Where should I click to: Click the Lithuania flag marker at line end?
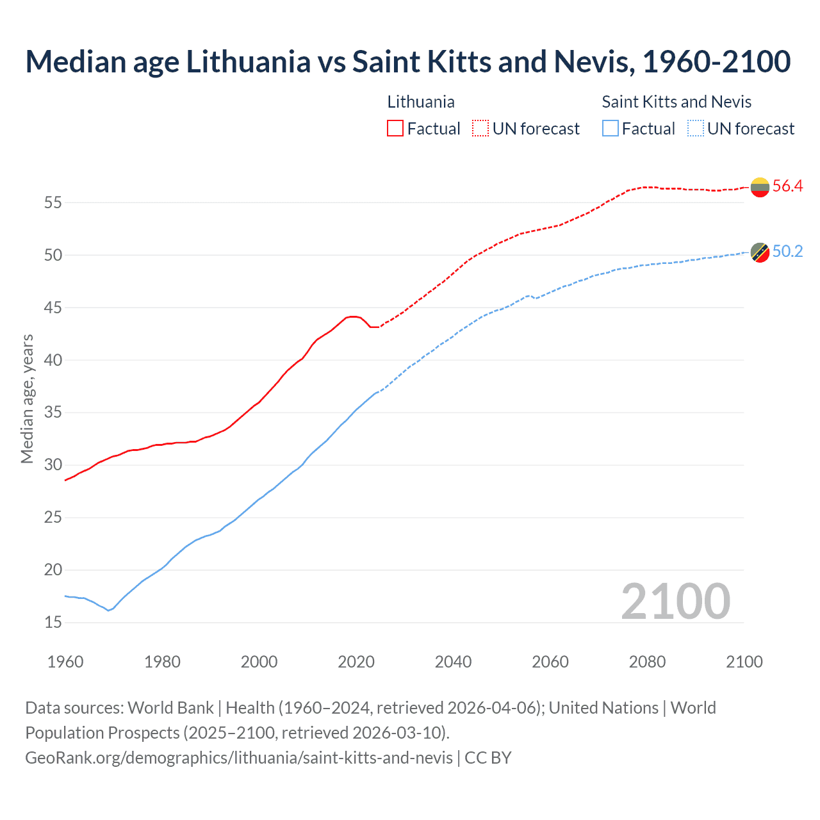pos(760,187)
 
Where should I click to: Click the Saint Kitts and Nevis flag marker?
pos(760,252)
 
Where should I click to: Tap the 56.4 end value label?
pos(787,186)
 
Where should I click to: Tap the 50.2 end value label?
pos(787,252)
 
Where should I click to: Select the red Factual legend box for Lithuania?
pos(395,129)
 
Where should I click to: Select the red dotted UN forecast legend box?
pos(480,129)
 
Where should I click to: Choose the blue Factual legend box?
pos(611,129)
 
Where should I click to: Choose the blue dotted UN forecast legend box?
pos(695,129)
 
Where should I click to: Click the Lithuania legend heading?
pos(421,102)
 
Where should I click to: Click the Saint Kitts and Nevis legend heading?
pos(676,102)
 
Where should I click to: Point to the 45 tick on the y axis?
pos(53,307)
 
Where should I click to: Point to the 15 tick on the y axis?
pos(53,622)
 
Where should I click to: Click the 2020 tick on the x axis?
pos(356,662)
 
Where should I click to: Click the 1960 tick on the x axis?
pos(65,662)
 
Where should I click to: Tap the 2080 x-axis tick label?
pos(647,662)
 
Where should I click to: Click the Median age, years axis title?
pos(27,398)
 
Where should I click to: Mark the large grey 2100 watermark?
pos(675,601)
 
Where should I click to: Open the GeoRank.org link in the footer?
pos(239,758)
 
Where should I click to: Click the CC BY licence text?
pos(488,758)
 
